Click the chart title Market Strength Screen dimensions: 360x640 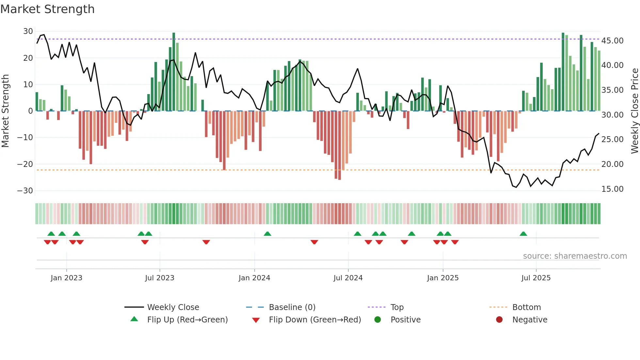(47, 9)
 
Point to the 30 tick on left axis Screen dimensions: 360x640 (28, 31)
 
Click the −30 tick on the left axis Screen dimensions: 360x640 (25, 191)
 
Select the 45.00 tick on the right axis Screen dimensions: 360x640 (612, 41)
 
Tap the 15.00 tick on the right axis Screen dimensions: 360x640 (612, 189)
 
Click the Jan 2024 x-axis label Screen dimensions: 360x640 (254, 278)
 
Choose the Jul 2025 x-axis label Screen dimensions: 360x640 (536, 278)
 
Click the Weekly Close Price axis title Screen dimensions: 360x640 (634, 111)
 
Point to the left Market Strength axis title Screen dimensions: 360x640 (5, 111)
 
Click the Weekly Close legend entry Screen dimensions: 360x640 (173, 307)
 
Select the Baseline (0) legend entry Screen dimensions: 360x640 (292, 307)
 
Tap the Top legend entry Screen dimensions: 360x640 (397, 307)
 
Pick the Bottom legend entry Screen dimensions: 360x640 (526, 307)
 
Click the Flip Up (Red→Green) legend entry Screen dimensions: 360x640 (187, 320)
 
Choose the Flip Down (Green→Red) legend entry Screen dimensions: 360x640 (315, 320)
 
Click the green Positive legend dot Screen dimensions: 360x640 (378, 320)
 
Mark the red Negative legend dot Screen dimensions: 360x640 (499, 320)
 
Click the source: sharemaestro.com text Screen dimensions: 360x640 (575, 256)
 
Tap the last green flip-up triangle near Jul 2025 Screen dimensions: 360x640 (523, 234)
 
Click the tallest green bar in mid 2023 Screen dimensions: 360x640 (174, 72)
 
